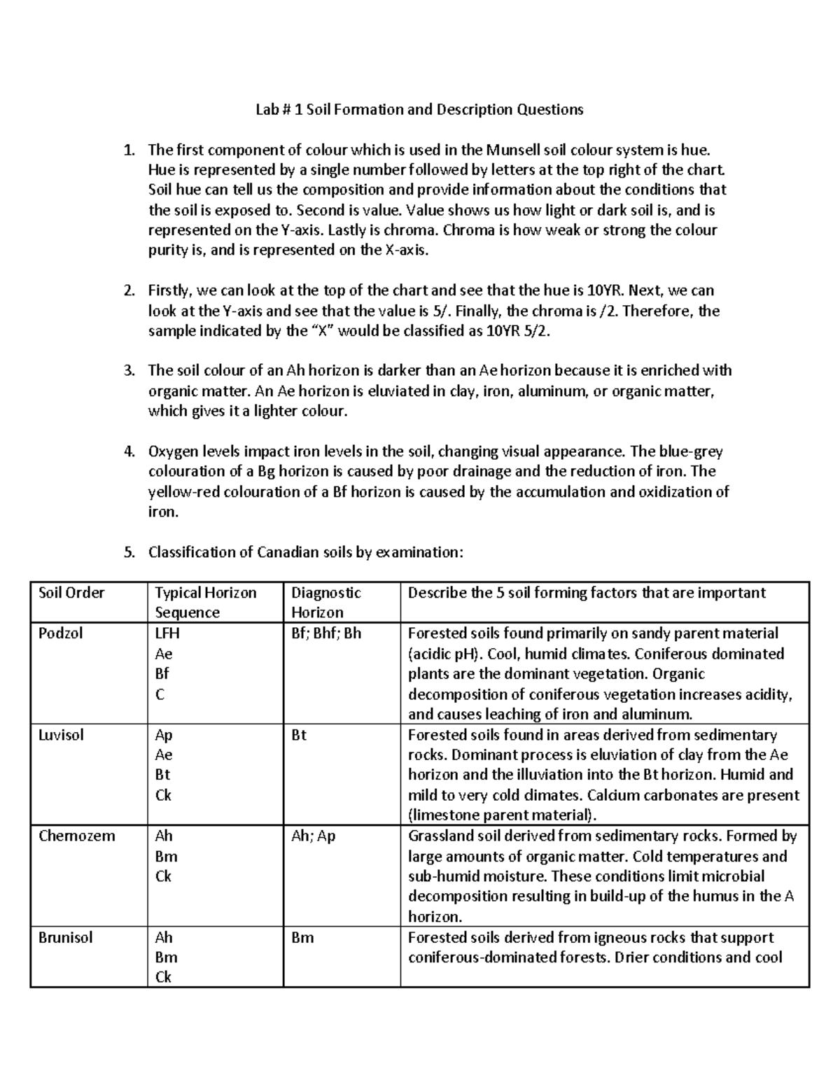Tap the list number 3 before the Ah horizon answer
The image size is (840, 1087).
click(x=128, y=371)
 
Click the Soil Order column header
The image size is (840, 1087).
click(x=71, y=593)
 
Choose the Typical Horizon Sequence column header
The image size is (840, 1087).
click(x=205, y=603)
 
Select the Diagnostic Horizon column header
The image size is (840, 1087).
click(x=325, y=603)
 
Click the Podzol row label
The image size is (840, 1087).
click(x=60, y=633)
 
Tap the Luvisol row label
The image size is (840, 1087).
click(x=61, y=735)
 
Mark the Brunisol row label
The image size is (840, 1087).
click(x=66, y=937)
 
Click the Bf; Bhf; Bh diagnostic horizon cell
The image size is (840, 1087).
click(x=326, y=633)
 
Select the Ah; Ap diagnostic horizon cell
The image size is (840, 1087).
click(x=313, y=836)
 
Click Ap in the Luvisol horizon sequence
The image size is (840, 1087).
click(x=164, y=735)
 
